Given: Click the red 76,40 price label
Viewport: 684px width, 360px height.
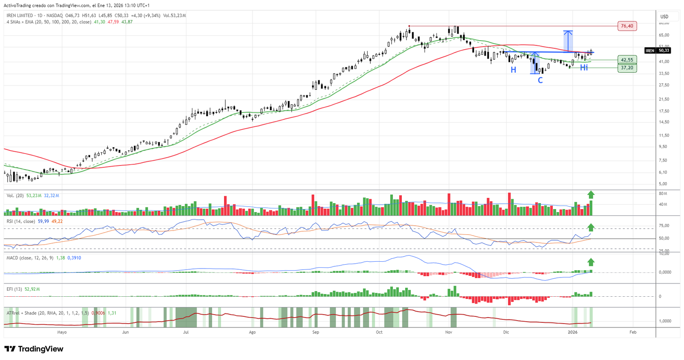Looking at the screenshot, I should (x=627, y=26).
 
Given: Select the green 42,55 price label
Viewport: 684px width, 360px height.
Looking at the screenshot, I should (x=627, y=60).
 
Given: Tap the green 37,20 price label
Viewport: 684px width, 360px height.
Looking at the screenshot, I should (x=627, y=68).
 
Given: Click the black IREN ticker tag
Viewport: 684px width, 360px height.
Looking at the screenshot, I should (x=650, y=50).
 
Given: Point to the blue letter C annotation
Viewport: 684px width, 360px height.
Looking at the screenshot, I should (x=540, y=80).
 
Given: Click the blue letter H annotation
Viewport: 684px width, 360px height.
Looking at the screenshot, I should (x=513, y=70).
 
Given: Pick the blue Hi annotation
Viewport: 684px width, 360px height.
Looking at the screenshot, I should (x=584, y=68).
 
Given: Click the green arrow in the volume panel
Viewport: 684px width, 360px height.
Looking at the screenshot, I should (x=591, y=195).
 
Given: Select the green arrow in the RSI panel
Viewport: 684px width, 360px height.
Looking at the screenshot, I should (x=591, y=227).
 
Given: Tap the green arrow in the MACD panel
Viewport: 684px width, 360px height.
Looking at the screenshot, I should (x=591, y=262).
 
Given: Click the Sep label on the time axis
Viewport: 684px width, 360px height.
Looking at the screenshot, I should (x=315, y=332).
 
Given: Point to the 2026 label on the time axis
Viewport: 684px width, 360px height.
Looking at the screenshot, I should (x=572, y=332).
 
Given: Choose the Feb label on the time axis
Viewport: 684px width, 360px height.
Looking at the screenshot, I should (x=633, y=332).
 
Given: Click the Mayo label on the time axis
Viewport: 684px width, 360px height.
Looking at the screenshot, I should (x=62, y=332).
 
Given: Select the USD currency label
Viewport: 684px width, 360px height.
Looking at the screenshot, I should (x=664, y=17).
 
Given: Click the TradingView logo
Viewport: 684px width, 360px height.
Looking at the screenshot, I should (x=34, y=349).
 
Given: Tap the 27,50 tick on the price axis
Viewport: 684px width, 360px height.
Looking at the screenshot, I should (x=664, y=85).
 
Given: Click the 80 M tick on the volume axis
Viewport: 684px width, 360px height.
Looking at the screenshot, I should (x=663, y=194).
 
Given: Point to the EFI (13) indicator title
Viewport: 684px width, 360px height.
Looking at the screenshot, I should (x=14, y=289).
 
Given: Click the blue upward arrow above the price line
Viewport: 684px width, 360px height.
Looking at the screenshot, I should (x=568, y=41).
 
